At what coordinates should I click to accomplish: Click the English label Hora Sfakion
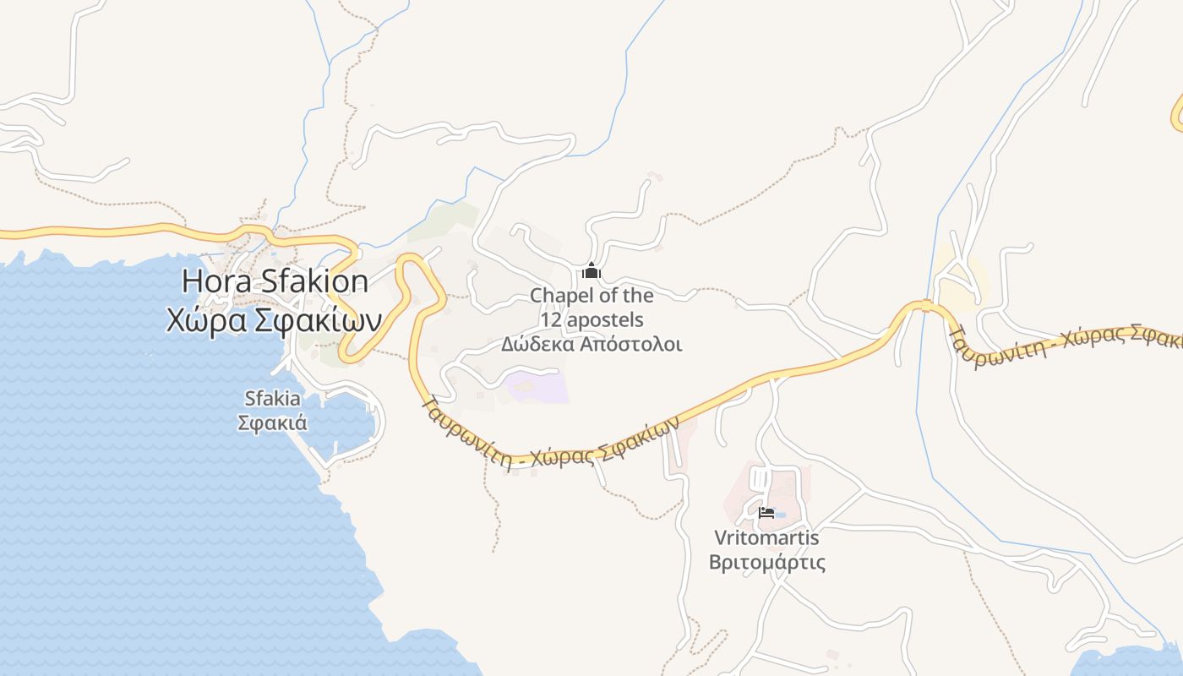275,281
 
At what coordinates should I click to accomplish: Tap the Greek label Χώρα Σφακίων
273,320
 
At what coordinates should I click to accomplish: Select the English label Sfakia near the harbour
272,398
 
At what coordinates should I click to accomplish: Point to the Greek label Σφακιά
272,422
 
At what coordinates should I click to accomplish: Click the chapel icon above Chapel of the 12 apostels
591,271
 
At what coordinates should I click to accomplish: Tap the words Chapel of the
591,296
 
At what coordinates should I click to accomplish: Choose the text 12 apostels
591,320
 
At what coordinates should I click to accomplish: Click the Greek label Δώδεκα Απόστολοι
591,345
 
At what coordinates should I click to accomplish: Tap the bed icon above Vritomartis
766,512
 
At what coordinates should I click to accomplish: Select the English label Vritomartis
766,537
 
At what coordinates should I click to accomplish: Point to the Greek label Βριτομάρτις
766,562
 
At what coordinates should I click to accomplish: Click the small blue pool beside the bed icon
779,515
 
